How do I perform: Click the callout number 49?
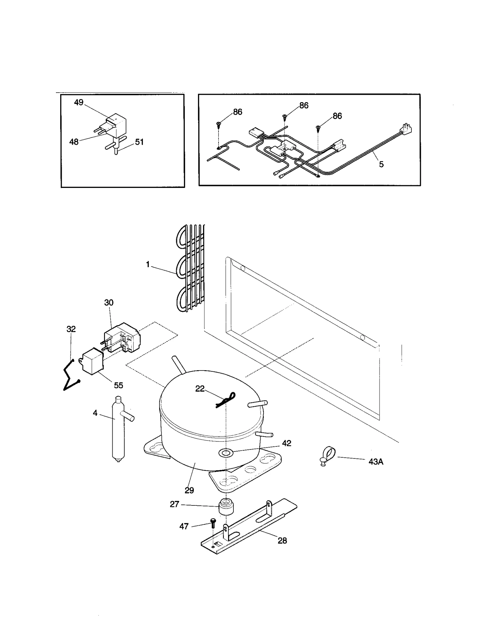[x=79, y=102]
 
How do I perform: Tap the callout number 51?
[x=139, y=142]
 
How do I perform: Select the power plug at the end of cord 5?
[x=407, y=128]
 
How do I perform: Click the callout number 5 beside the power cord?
[x=381, y=164]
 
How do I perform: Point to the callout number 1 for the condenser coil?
[x=148, y=264]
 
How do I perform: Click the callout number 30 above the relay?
[x=109, y=303]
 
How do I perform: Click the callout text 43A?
[x=376, y=462]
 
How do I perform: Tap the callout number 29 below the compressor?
[x=189, y=490]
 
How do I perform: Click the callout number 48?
[x=74, y=142]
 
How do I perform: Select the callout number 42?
[x=286, y=443]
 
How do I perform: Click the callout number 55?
[x=118, y=385]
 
